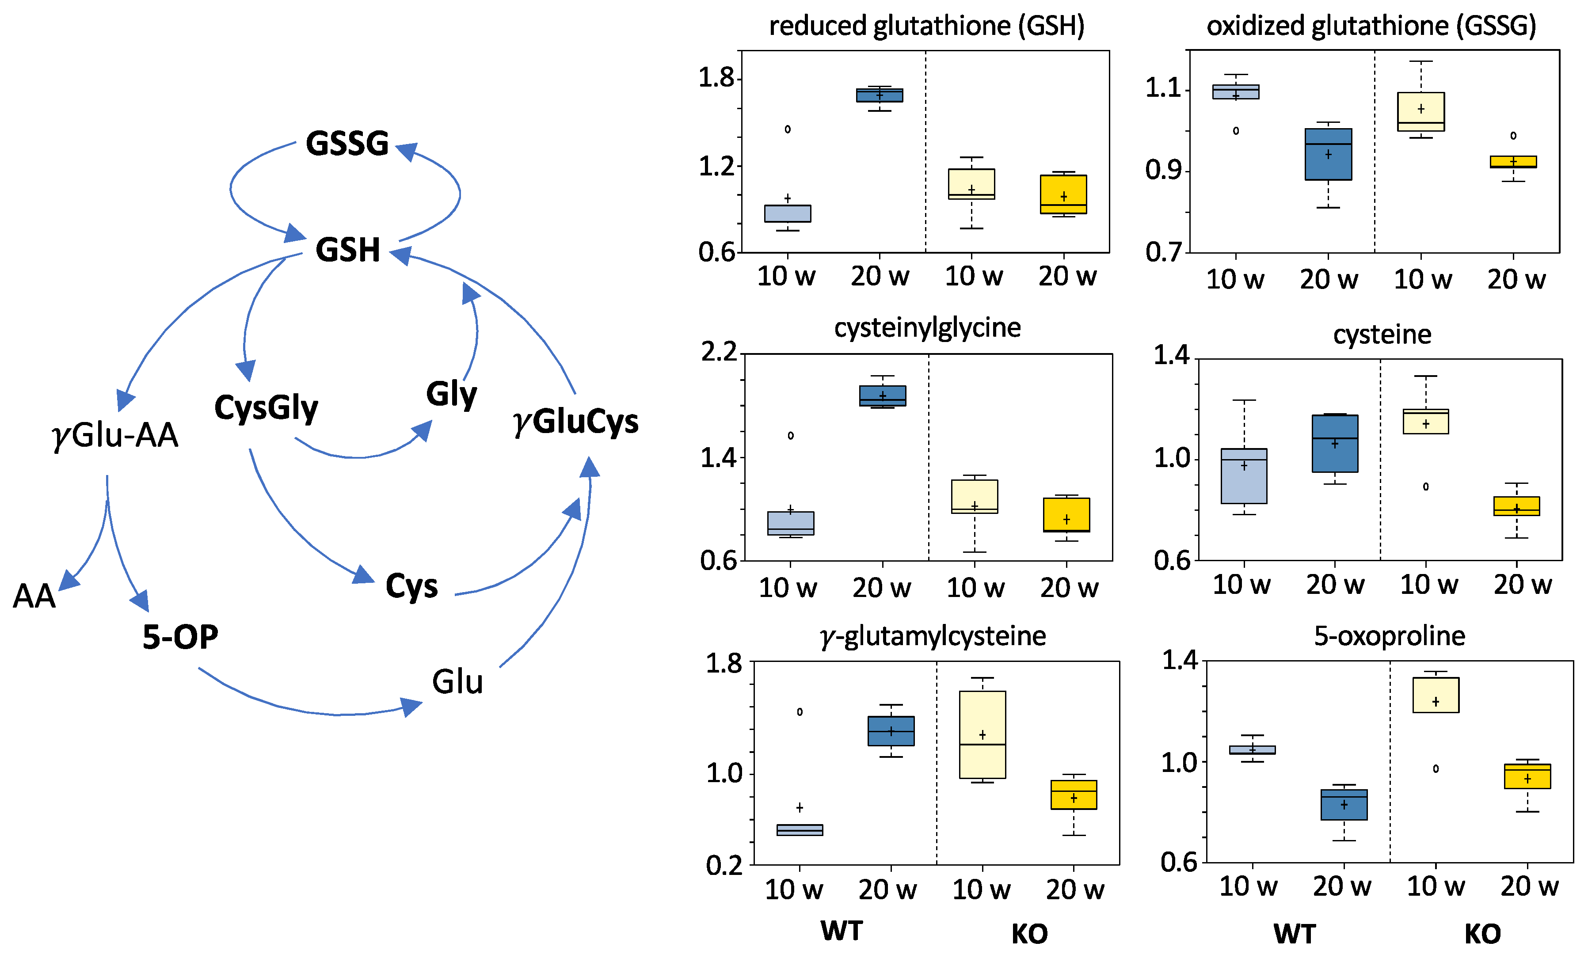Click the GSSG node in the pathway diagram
pos(347,143)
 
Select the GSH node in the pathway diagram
pos(347,250)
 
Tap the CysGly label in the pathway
pos(266,408)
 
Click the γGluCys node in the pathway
pos(575,422)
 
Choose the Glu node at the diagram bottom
pos(457,682)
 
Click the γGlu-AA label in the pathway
pos(115,435)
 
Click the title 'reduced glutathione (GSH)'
pos(927,26)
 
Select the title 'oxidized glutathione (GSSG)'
pos(1371,26)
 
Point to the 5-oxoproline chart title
pos(1390,636)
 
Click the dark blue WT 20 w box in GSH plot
pos(879,95)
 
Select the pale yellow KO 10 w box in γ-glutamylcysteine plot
pos(982,734)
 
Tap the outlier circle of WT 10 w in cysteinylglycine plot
pos(791,436)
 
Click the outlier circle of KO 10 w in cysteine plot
pos(1426,487)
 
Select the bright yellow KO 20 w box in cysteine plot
pos(1516,506)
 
